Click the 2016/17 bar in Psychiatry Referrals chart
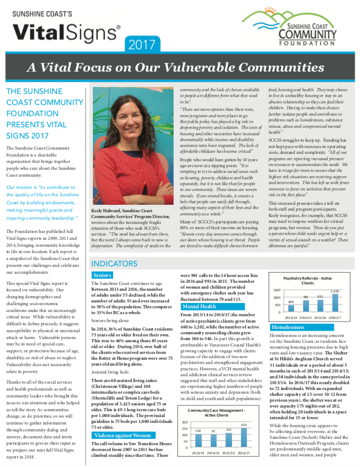pos(335,303)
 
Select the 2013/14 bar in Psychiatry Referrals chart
pos(291,308)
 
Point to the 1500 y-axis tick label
pos(276,290)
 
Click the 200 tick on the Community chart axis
pos(184,421)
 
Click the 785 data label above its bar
pos(306,297)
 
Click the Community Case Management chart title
pos(216,412)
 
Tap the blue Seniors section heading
pos(101,275)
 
